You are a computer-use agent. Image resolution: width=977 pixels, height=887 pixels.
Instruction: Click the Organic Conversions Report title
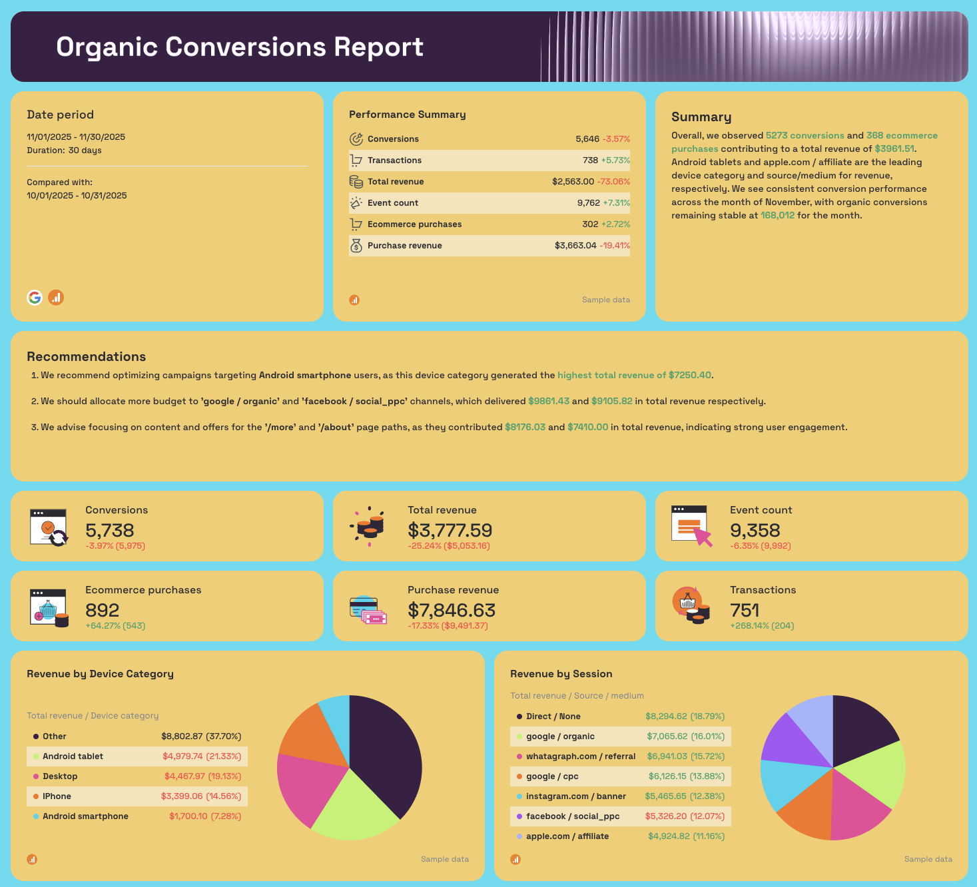pyautogui.click(x=240, y=47)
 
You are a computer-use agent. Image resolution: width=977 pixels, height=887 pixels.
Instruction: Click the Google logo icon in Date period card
pyautogui.click(x=35, y=298)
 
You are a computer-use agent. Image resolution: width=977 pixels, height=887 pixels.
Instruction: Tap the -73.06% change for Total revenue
pyautogui.click(x=613, y=182)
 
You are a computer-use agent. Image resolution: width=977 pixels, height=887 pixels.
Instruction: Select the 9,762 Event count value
pyautogui.click(x=588, y=203)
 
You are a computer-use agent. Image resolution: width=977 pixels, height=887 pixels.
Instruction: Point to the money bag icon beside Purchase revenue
pyautogui.click(x=356, y=246)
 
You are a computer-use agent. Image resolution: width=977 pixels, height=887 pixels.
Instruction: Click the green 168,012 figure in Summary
pyautogui.click(x=777, y=216)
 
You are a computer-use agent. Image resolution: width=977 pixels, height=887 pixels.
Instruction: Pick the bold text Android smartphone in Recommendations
pyautogui.click(x=305, y=376)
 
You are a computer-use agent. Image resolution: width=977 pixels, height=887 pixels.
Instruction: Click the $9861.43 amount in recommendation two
pyautogui.click(x=548, y=402)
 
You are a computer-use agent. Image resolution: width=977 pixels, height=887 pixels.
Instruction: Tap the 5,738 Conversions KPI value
pyautogui.click(x=110, y=530)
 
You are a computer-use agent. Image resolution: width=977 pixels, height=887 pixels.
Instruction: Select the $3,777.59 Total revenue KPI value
pyautogui.click(x=450, y=530)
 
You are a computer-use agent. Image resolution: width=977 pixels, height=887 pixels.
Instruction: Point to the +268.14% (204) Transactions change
pyautogui.click(x=762, y=626)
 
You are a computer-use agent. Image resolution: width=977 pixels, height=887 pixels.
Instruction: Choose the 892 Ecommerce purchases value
pyautogui.click(x=103, y=610)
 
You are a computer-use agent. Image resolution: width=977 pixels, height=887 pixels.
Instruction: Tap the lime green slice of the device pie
pyautogui.click(x=353, y=809)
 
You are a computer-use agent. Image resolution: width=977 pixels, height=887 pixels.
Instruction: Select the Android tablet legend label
pyautogui.click(x=73, y=756)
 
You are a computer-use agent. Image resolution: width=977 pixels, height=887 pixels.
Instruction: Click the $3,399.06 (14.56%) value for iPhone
pyautogui.click(x=200, y=796)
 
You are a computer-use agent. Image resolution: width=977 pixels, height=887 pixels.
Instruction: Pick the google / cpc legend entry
pyautogui.click(x=552, y=776)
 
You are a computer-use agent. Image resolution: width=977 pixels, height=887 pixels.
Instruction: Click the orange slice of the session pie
pyautogui.click(x=807, y=816)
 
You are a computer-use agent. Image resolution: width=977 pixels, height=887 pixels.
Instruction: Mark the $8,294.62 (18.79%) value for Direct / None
pyautogui.click(x=685, y=717)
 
